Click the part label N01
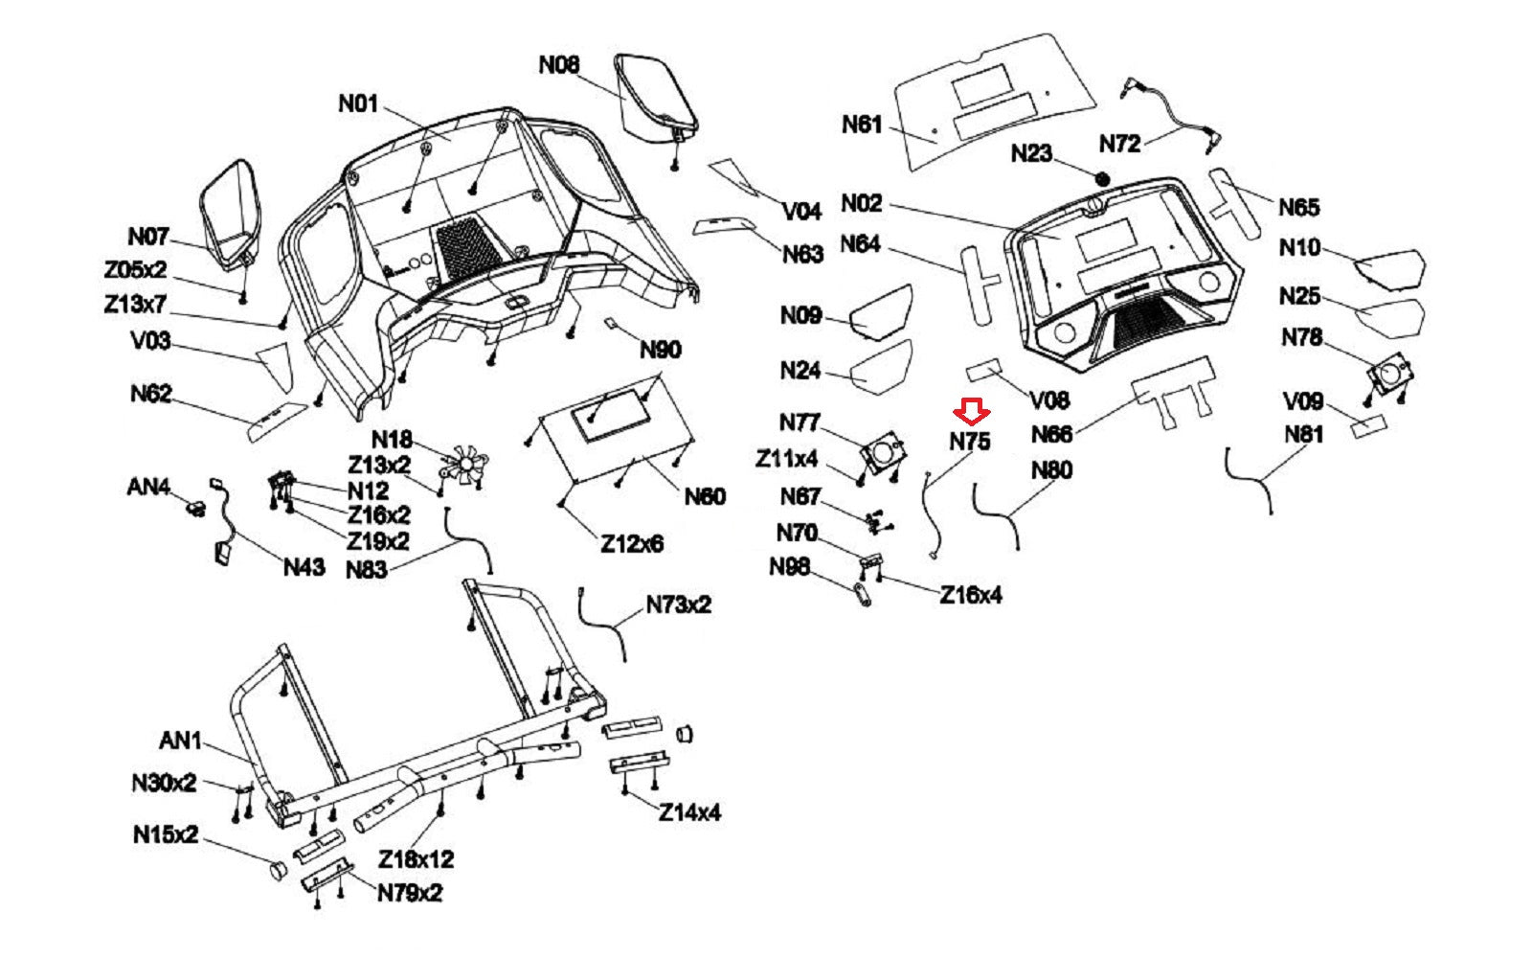point(358,103)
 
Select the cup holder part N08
point(656,96)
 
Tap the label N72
point(1119,144)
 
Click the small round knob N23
point(1101,178)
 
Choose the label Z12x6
point(632,544)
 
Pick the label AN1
point(180,741)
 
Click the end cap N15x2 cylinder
point(276,870)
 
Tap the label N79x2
point(410,893)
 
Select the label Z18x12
point(416,859)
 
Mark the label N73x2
point(678,604)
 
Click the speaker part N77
point(882,450)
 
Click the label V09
point(1302,401)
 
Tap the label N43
point(304,567)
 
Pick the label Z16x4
point(970,595)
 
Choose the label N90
point(661,350)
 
